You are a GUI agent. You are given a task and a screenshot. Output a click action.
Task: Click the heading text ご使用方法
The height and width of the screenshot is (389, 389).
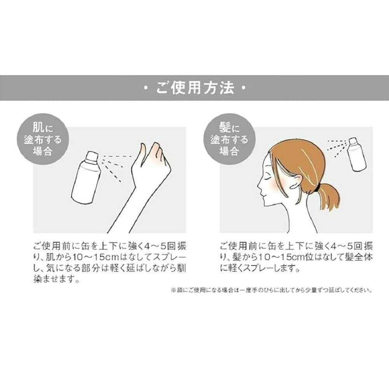point(195,88)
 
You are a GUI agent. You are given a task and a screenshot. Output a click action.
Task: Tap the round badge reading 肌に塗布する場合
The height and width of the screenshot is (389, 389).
point(43,139)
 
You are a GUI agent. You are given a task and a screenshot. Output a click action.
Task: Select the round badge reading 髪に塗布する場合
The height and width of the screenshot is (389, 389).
point(229,139)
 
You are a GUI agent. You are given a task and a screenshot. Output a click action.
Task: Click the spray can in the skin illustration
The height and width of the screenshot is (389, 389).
point(86,177)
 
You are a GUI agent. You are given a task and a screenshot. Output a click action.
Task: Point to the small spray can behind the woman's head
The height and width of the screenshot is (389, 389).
point(357,154)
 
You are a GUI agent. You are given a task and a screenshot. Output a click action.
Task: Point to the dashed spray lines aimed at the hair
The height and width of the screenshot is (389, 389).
point(337,148)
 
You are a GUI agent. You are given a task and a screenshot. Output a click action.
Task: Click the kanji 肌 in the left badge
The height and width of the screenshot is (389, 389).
point(39,127)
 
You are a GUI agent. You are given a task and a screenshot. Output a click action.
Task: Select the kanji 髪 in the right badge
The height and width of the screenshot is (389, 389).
point(225,127)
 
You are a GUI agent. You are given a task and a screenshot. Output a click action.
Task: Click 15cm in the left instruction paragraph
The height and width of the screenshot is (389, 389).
point(105,257)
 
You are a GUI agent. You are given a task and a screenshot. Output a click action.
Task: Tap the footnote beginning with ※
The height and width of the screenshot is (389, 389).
point(272,290)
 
